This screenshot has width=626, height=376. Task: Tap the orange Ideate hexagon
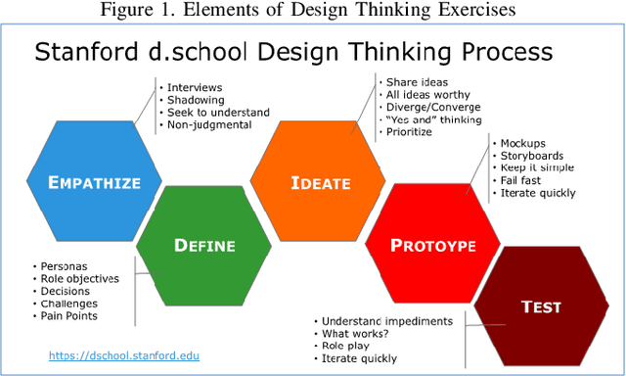[x=314, y=181]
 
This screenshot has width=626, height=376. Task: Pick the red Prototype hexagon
[x=431, y=244]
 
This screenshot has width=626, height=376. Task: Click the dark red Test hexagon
[x=541, y=306]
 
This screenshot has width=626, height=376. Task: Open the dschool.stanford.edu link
[x=124, y=354]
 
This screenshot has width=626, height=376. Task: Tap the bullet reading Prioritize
[x=409, y=132]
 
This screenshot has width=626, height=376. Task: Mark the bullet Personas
[x=64, y=265]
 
